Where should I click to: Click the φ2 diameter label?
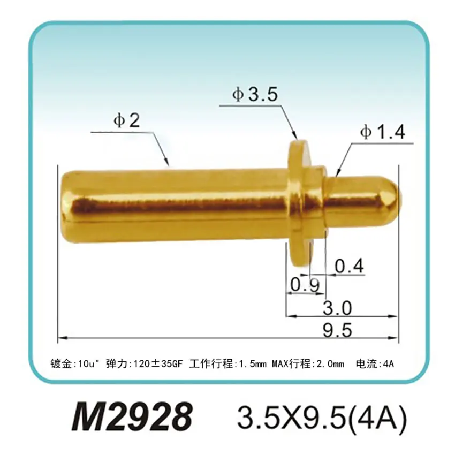tap(126, 122)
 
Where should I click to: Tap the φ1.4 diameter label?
tap(382, 133)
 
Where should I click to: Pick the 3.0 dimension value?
tap(337, 308)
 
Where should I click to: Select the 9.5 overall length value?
tap(337, 331)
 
